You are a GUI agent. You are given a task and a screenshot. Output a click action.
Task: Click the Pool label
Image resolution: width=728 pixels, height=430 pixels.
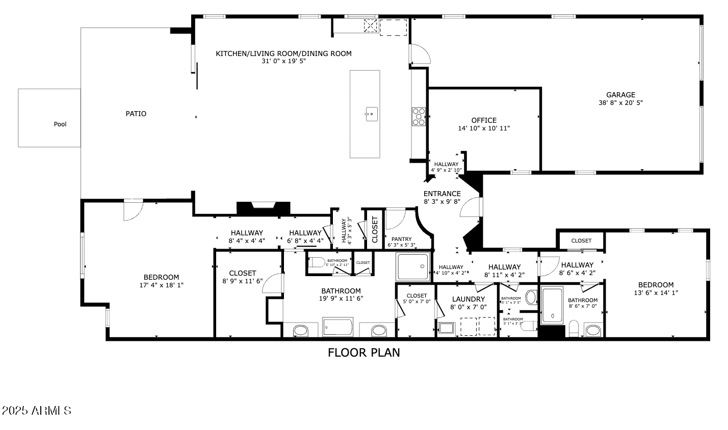click(60, 124)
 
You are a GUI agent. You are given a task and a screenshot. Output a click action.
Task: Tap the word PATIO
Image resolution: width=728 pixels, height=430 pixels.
click(136, 114)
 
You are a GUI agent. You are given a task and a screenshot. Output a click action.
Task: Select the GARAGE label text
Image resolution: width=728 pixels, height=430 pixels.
click(620, 95)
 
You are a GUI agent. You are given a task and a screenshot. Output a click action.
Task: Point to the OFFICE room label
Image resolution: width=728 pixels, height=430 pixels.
click(484, 120)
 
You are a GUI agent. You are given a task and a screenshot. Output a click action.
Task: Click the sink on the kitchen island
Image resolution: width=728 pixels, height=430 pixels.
click(372, 113)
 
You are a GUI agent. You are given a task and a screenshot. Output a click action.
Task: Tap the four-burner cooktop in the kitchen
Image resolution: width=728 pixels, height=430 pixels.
click(419, 116)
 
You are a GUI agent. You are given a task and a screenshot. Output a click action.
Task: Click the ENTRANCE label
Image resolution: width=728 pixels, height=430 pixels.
click(442, 194)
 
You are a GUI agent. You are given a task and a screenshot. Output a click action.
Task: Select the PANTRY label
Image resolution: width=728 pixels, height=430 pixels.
click(401, 239)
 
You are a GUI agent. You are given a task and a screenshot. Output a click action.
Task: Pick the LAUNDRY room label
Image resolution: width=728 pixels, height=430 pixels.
click(468, 299)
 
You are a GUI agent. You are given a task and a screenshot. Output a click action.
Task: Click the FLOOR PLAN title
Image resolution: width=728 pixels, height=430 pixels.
click(363, 352)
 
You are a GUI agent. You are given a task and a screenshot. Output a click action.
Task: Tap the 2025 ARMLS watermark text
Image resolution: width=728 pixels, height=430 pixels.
click(36, 411)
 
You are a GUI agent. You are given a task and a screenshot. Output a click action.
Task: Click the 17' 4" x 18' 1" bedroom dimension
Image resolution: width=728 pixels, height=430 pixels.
click(161, 285)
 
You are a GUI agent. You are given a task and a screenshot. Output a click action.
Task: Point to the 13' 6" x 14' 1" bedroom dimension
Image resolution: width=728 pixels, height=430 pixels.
click(656, 293)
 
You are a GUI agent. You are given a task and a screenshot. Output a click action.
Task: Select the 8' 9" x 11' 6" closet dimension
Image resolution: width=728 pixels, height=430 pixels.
click(242, 281)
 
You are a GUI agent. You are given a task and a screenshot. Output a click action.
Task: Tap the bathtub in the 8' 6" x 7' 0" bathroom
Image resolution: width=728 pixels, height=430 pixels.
click(552, 306)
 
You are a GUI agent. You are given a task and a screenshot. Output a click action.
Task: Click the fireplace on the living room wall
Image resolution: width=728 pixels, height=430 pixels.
click(264, 208)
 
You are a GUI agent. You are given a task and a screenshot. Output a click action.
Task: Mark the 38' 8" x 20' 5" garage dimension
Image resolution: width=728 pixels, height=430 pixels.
click(620, 103)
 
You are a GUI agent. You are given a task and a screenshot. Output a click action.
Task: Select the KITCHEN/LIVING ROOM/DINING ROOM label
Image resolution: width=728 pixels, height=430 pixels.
click(283, 53)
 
